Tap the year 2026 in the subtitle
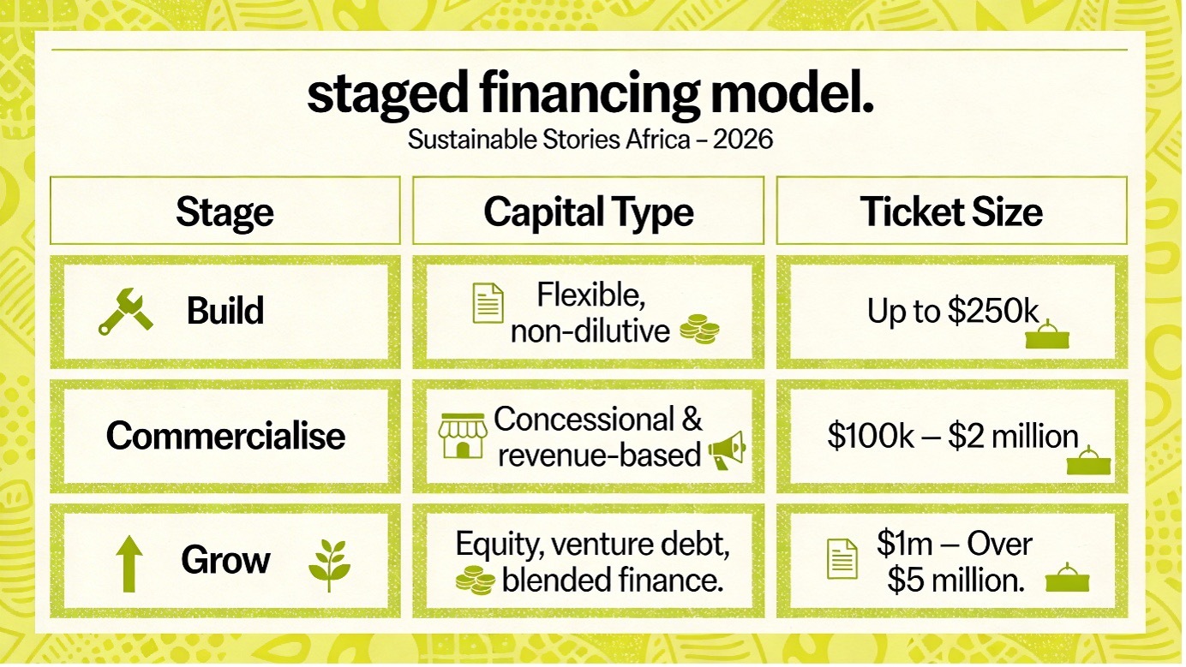click(743, 140)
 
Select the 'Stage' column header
click(225, 212)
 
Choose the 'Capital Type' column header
click(588, 212)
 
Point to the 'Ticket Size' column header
click(951, 212)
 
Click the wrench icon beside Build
click(125, 312)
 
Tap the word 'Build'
click(225, 311)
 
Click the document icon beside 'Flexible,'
click(488, 303)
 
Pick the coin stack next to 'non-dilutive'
click(699, 329)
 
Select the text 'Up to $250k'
click(953, 311)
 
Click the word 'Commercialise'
click(225, 436)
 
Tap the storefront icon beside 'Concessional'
click(463, 436)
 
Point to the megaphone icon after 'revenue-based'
click(727, 450)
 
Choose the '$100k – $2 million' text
click(953, 437)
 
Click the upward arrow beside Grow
click(129, 564)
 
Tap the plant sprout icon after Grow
click(329, 566)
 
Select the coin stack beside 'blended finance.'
click(476, 581)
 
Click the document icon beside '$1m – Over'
click(842, 559)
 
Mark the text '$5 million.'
click(955, 581)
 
